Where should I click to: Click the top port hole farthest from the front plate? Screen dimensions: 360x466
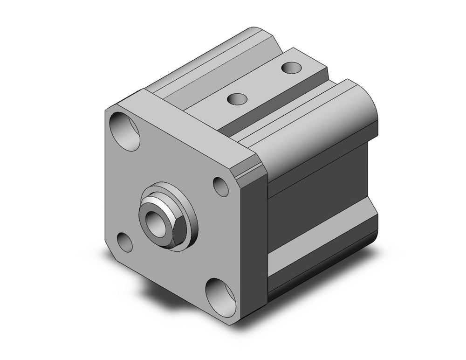click(x=292, y=68)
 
